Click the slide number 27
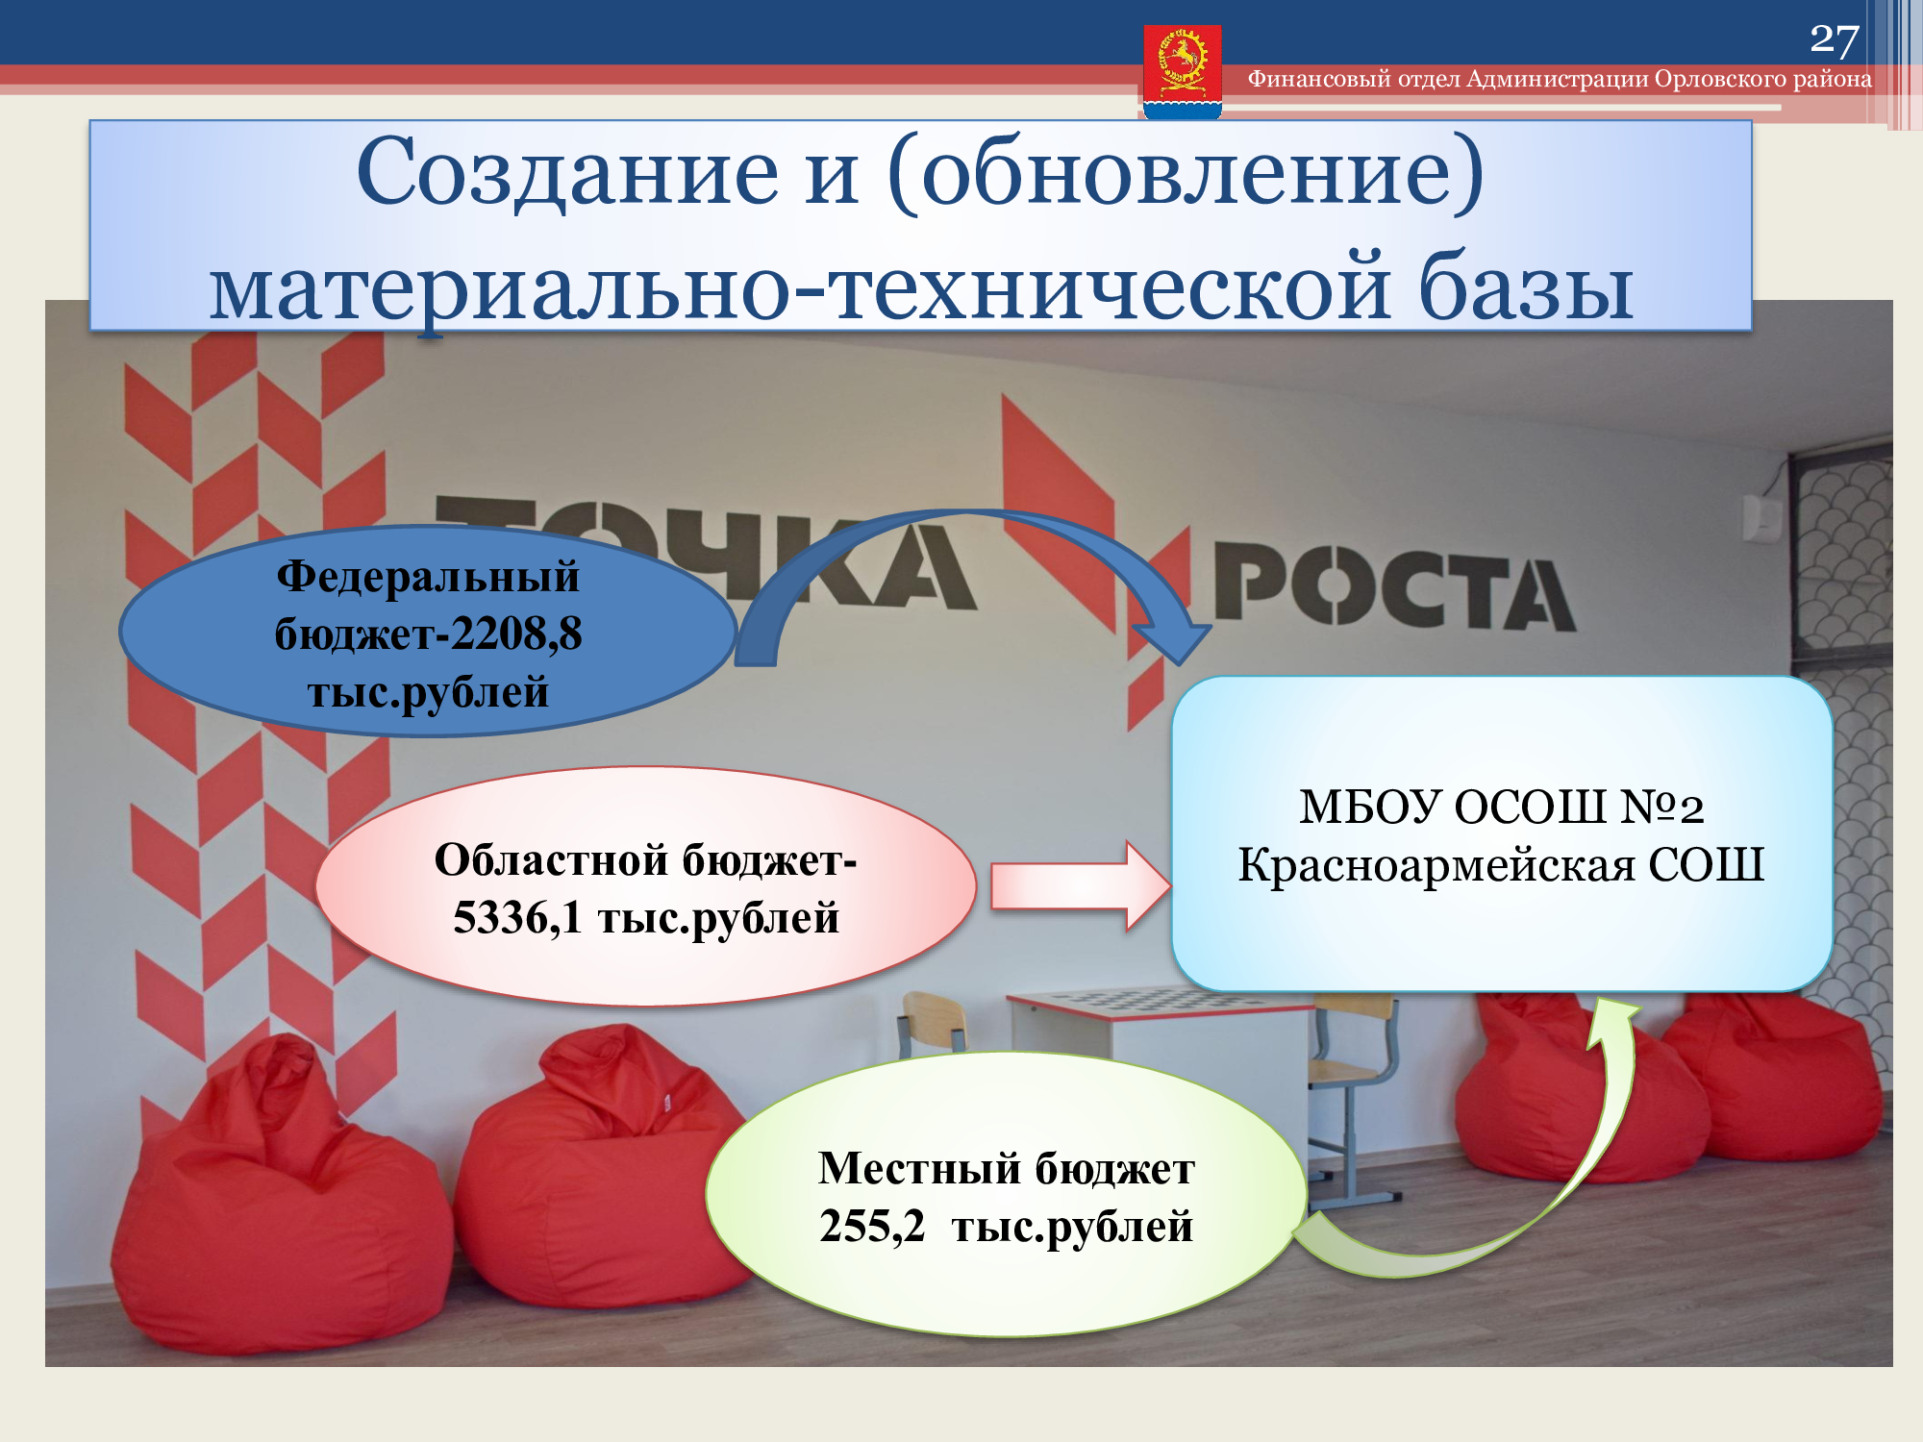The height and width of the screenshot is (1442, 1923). [x=1835, y=39]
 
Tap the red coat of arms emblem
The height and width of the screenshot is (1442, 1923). [x=1183, y=70]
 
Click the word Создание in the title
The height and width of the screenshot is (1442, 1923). [x=567, y=173]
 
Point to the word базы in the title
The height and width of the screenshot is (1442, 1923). [x=1526, y=286]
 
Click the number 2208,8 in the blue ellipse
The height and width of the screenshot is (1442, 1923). [x=516, y=634]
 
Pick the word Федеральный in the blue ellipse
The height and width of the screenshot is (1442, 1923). [x=428, y=577]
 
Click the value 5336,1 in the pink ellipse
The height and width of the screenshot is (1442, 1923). [x=517, y=918]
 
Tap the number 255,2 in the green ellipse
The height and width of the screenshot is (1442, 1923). [x=872, y=1227]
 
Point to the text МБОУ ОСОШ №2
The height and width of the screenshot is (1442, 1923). [x=1502, y=807]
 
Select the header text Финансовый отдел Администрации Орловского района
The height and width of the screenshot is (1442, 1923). [x=1560, y=79]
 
